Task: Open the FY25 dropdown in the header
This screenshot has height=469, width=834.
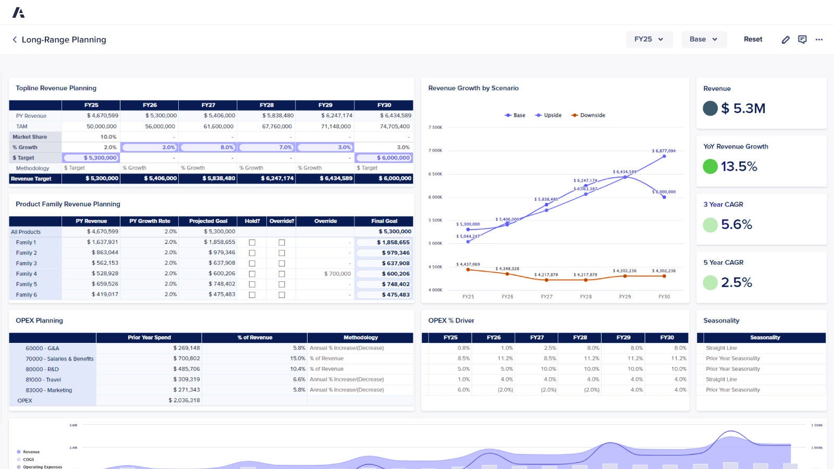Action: (649, 39)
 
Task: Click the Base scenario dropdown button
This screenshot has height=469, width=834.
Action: (704, 39)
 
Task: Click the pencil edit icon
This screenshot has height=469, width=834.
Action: (786, 40)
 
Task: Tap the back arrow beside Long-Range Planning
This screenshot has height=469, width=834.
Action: (15, 40)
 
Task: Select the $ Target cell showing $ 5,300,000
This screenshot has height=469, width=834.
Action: (91, 158)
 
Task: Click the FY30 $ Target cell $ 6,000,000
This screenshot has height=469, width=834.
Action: (384, 158)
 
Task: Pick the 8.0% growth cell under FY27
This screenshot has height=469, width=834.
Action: (208, 147)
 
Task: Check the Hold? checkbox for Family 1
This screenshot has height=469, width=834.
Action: (252, 242)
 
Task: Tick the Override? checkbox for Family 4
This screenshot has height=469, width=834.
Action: (282, 274)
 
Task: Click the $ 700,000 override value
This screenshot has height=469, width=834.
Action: (337, 274)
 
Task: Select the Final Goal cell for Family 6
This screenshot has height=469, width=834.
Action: (384, 294)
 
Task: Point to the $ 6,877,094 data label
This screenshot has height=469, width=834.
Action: (663, 151)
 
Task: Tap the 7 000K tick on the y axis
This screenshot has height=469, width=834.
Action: (435, 151)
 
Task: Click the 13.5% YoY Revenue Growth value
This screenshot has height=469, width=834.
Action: (739, 166)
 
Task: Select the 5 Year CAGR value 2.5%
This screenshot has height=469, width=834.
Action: (736, 282)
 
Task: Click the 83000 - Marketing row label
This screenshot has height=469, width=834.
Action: (49, 390)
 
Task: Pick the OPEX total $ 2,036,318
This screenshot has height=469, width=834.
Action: (184, 400)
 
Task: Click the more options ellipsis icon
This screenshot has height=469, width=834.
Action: (819, 40)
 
